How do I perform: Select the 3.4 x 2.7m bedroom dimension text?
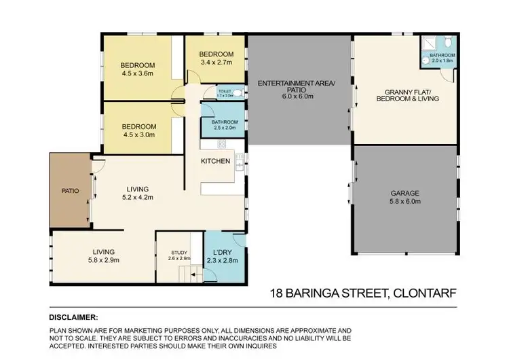[x=216, y=62]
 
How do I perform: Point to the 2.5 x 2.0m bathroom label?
[x=224, y=124]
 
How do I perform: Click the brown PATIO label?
[x=70, y=191]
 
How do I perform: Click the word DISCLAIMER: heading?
[x=73, y=317]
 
